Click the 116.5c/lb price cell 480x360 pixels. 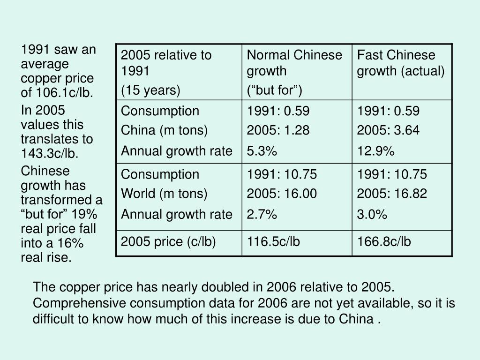pyautogui.click(x=273, y=242)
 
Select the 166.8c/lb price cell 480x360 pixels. pyautogui.click(x=384, y=242)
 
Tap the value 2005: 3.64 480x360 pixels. pyautogui.click(x=388, y=130)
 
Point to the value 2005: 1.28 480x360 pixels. pyautogui.click(x=278, y=130)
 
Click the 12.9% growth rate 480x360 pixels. pyautogui.click(x=375, y=151)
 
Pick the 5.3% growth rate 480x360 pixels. pyautogui.click(x=262, y=151)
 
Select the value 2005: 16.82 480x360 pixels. pyautogui.click(x=392, y=194)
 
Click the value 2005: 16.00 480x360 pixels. pyautogui.click(x=282, y=194)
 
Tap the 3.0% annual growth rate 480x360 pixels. pyautogui.click(x=372, y=215)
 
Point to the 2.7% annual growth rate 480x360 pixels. pyautogui.click(x=262, y=215)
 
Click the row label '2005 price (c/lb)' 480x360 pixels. pyautogui.click(x=168, y=242)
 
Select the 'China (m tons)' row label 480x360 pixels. pyautogui.click(x=164, y=130)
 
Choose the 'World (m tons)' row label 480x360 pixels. pyautogui.click(x=164, y=194)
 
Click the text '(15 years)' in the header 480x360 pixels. pyautogui.click(x=150, y=90)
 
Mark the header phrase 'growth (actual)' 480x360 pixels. pyautogui.click(x=401, y=71)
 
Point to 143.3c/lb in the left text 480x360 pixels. pyautogui.click(x=49, y=153)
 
